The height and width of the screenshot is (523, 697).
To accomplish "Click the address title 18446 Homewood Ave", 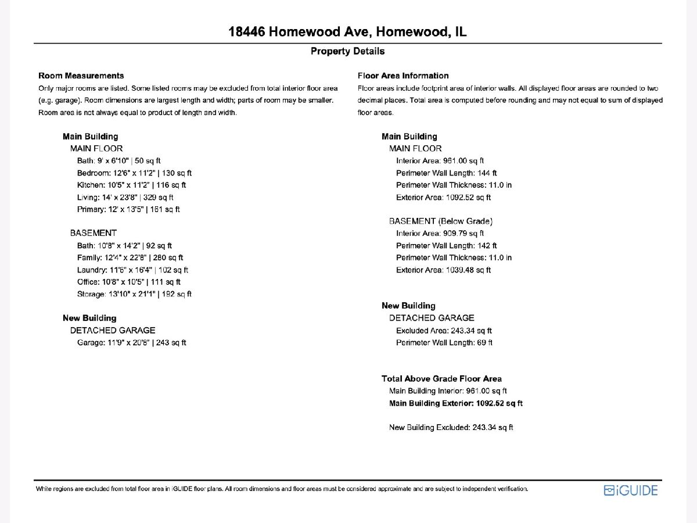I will (347, 31).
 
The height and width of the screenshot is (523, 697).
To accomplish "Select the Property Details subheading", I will (347, 51).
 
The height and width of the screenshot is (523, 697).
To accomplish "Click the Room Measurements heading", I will (81, 76).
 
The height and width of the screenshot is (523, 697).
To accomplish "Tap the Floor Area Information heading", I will (403, 76).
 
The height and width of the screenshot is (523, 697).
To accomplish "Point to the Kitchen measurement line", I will (131, 185).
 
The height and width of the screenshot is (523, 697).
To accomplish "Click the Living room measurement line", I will (125, 197).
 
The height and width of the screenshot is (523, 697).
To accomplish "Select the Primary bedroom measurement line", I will (128, 209).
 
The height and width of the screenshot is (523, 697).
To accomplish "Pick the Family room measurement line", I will (130, 257).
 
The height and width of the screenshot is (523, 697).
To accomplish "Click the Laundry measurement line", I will (132, 270).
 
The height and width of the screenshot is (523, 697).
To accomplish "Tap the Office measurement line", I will (129, 282).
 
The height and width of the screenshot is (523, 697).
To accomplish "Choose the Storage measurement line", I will (134, 294).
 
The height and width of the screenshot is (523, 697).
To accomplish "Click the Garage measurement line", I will (131, 342).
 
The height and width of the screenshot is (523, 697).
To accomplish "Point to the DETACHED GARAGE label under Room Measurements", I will (113, 330).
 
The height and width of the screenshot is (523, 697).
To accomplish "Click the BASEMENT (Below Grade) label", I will (440, 221).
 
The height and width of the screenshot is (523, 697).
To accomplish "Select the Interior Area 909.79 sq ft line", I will (440, 233).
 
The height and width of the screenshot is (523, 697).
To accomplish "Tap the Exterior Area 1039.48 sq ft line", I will (443, 270).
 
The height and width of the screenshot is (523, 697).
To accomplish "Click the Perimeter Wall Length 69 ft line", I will (444, 342).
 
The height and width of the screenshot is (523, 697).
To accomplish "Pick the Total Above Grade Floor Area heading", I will (441, 378).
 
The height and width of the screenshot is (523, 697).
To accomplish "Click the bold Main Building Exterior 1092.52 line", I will (455, 403).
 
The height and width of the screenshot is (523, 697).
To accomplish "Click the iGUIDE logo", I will (631, 490).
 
